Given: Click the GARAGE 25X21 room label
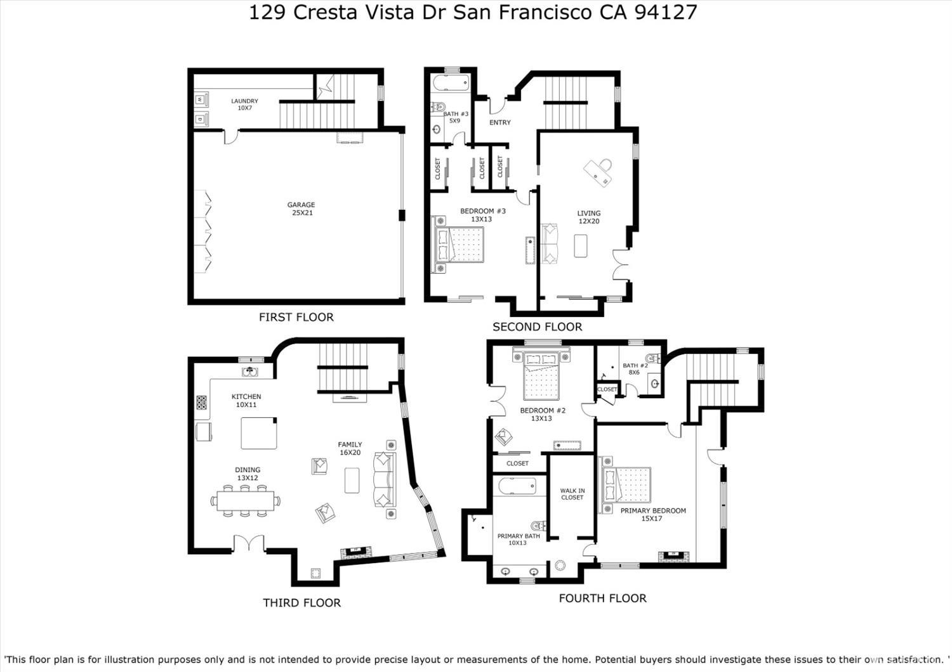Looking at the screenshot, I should (x=301, y=209).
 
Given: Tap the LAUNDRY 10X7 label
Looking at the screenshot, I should (x=244, y=105).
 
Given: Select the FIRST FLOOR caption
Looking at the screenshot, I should (x=296, y=317).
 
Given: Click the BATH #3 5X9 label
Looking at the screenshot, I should (x=455, y=117).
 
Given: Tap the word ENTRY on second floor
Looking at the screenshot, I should (x=500, y=122).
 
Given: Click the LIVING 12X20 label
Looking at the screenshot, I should (x=588, y=217).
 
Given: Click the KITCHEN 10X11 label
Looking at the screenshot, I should (x=246, y=401).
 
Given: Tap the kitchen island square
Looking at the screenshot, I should (x=258, y=433).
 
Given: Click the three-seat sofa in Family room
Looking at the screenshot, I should (x=384, y=479).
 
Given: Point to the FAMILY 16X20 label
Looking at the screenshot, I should (x=350, y=449).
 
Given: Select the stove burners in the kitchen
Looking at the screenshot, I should (x=201, y=403).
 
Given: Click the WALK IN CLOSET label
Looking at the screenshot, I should (x=572, y=494).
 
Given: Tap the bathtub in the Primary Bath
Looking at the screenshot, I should (x=517, y=486).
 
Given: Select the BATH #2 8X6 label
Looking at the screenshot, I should (x=635, y=369).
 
